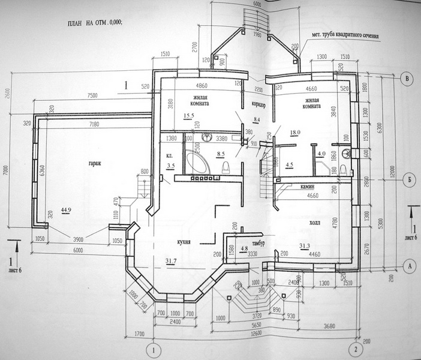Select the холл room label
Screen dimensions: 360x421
tap(314, 222)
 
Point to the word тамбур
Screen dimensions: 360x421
tap(258, 243)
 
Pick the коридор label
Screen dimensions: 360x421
tap(259, 103)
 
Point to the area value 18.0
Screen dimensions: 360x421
tap(294, 131)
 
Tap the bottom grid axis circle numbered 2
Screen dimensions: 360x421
tap(355, 349)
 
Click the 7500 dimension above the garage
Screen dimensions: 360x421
tap(93, 96)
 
